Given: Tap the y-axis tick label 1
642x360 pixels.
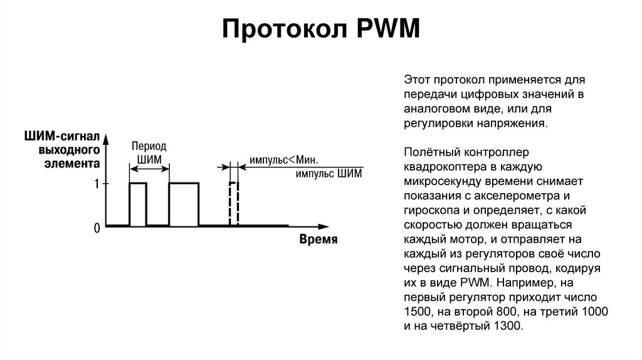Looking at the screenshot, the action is point(97,184).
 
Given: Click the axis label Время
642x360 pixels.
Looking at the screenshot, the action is point(318,240).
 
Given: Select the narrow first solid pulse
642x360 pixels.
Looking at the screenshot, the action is point(138,204).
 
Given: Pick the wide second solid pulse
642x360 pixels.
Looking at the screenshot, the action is point(184,204).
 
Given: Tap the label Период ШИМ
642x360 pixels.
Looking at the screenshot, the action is point(149,152).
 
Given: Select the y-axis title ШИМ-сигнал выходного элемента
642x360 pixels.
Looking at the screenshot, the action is point(61,150).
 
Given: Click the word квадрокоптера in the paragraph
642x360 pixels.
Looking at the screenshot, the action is point(443,167).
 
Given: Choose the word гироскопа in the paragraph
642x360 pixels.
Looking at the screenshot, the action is point(428,211).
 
